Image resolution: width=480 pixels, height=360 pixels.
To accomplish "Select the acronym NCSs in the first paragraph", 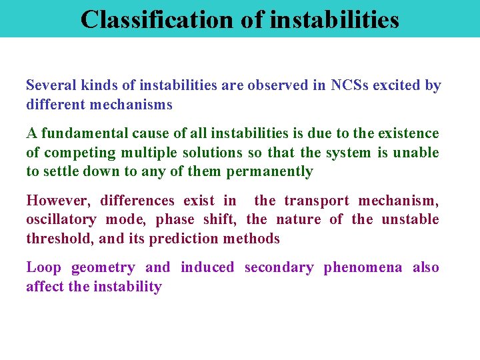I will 349,86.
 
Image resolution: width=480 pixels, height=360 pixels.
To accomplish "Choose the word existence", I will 409,134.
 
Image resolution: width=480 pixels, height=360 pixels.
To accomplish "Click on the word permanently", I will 269,171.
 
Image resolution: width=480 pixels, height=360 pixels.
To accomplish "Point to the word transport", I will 316,201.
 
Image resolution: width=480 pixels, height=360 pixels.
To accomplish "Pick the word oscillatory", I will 59,219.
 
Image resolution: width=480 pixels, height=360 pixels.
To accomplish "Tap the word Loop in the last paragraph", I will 43,267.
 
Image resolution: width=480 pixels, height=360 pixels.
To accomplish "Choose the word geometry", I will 102,268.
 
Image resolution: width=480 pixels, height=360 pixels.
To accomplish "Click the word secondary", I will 279,267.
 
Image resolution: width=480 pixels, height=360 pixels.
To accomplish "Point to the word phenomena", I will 363,268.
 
